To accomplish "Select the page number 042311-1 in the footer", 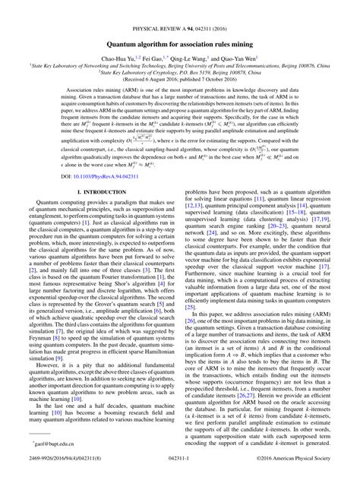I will coord(180,472).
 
